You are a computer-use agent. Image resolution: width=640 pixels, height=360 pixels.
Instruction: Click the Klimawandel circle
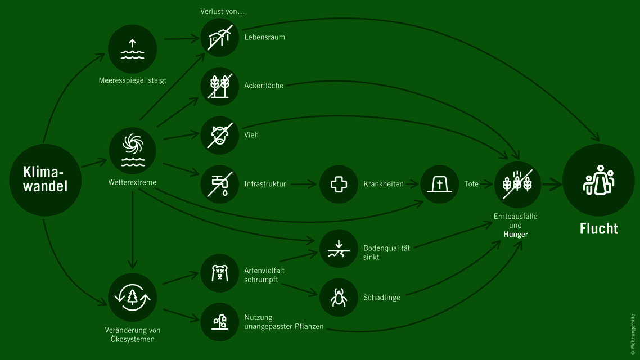[x=45, y=179]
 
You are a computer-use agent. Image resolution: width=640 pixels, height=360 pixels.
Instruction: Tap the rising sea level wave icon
[x=132, y=49]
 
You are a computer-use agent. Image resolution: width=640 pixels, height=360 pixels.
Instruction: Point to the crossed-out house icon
[x=220, y=38]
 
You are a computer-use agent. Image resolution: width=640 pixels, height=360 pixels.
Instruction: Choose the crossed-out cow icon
[x=220, y=135]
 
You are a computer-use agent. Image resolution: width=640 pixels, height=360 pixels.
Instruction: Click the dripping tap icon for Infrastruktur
[x=220, y=184]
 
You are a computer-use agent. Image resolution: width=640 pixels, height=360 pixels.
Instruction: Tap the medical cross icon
[x=339, y=184]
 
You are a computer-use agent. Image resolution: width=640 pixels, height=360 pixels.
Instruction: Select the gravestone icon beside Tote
[x=439, y=184]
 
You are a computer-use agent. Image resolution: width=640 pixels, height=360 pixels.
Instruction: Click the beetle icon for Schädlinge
[x=339, y=297]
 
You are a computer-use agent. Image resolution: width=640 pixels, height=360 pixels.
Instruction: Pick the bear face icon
[x=220, y=274]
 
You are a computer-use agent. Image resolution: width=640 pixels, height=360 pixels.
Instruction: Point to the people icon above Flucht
[x=598, y=180]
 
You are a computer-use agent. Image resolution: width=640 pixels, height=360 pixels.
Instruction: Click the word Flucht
[x=598, y=228]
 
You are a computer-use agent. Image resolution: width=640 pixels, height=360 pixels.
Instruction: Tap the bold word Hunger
[x=515, y=234]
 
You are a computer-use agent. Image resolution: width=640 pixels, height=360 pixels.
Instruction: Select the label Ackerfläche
[x=264, y=86]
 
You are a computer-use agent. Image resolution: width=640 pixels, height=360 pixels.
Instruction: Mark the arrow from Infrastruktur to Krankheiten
[x=304, y=184]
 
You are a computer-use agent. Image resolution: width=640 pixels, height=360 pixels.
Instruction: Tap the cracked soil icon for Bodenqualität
[x=339, y=248]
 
